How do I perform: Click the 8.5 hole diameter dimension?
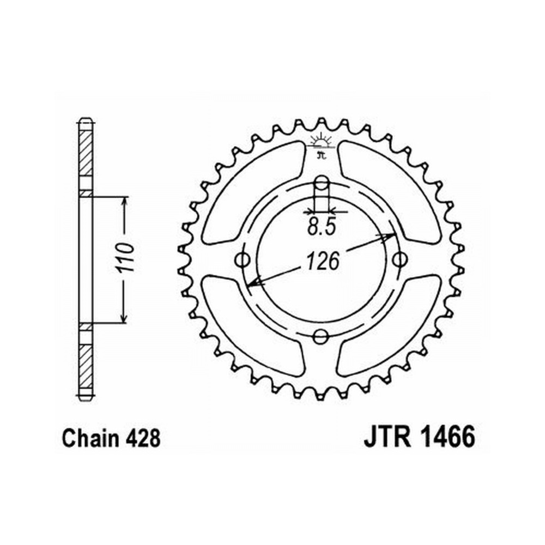[x=322, y=228]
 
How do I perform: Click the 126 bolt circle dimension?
[x=322, y=262]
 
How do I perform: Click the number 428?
[x=143, y=438]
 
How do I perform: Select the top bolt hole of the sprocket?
[x=322, y=183]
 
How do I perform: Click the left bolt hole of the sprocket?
[x=243, y=259]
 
